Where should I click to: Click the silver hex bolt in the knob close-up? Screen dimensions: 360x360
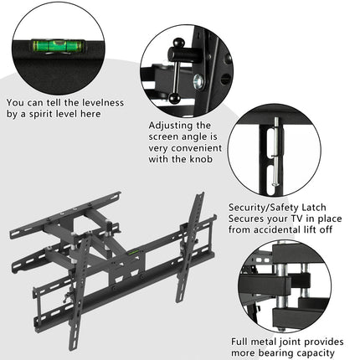click(x=198, y=82)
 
